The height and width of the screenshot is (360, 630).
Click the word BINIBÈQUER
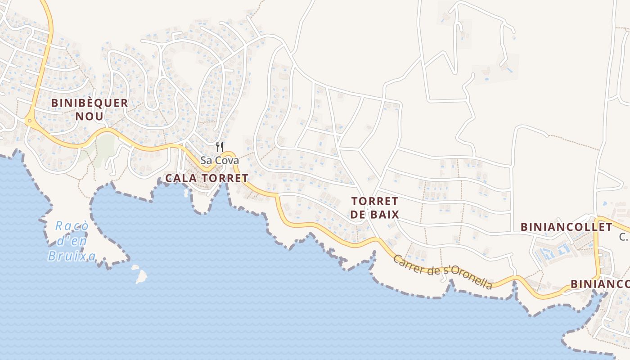[x=90, y=103]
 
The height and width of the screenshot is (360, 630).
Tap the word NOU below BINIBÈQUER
[x=90, y=116]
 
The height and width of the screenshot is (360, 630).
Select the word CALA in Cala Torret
[x=181, y=178]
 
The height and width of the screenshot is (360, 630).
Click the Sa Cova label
[x=220, y=161]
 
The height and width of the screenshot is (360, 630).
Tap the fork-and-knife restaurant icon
[x=220, y=147]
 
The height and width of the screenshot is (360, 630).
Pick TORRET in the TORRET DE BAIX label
[x=375, y=201]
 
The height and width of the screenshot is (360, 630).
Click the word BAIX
[x=385, y=215]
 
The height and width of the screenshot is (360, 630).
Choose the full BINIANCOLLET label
[x=567, y=227]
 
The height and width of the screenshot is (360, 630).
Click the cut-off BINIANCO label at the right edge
[x=600, y=284]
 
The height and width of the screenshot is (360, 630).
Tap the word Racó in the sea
[x=72, y=226]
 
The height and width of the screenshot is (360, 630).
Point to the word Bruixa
[x=72, y=256]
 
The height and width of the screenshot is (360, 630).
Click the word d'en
[x=68, y=241]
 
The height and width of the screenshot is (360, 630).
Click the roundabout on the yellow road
[x=29, y=121]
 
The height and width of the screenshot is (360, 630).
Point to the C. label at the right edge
[x=623, y=237]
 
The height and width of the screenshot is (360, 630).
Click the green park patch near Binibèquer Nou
[x=105, y=146]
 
